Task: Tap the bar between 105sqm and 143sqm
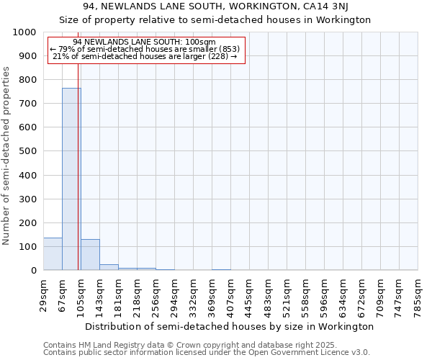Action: pyautogui.click(x=90, y=255)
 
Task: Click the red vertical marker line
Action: pyautogui.click(x=78, y=180)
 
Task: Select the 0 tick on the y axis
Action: pyautogui.click(x=34, y=271)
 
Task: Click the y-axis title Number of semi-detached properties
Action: pyautogui.click(x=7, y=156)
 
